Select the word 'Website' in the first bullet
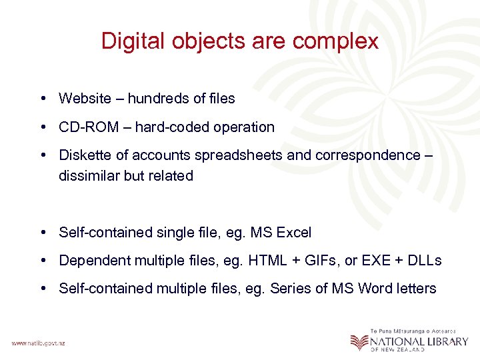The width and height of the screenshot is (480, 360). (x=85, y=99)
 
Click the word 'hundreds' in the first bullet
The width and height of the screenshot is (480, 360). (x=157, y=99)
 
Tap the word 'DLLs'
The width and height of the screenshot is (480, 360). (x=424, y=261)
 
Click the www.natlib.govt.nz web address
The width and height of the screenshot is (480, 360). (x=39, y=343)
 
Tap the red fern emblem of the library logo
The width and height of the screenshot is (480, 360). (x=359, y=341)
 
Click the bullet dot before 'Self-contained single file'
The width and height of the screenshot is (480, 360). (x=42, y=233)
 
